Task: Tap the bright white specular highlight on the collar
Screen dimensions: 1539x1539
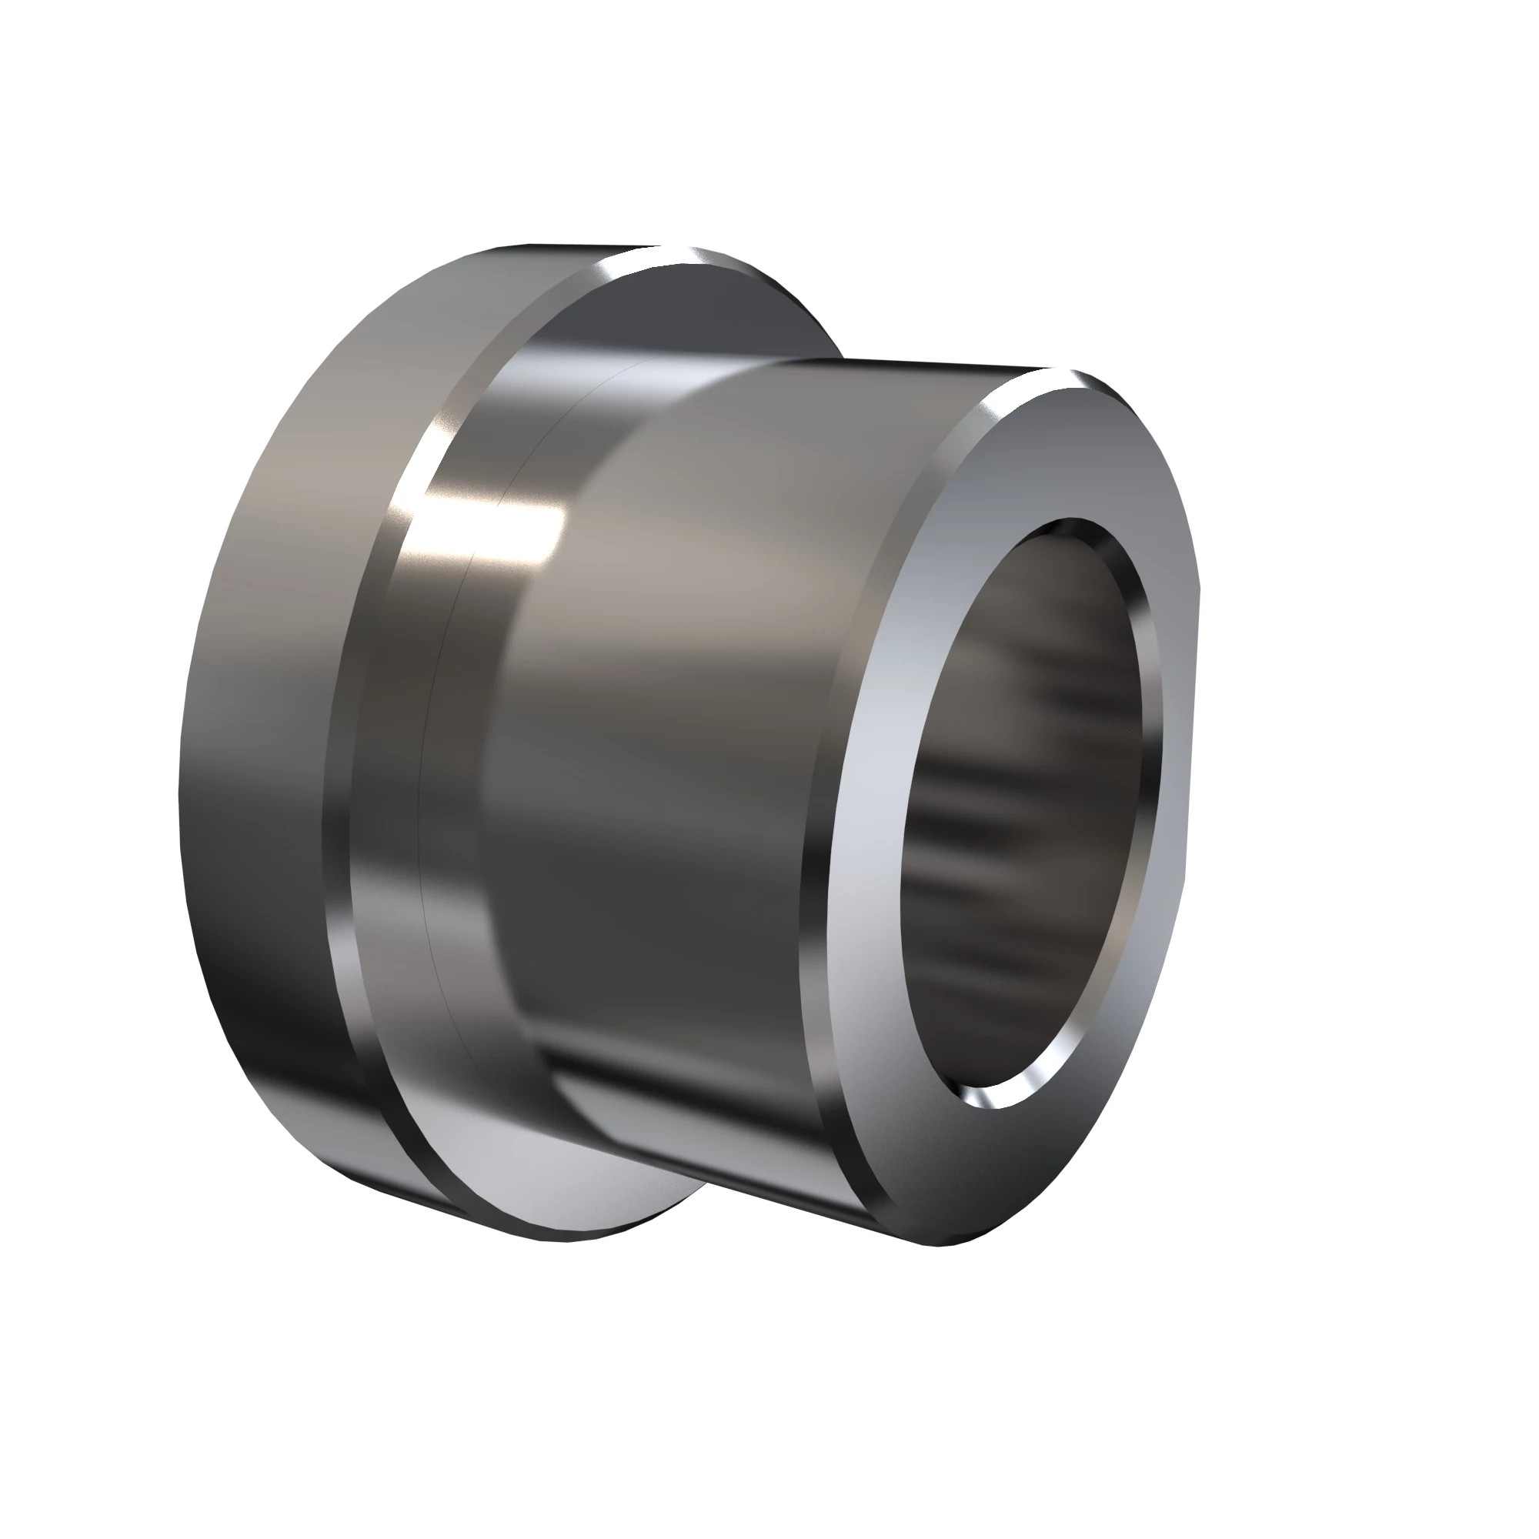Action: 510,526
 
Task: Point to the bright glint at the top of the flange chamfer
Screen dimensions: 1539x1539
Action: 685,256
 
